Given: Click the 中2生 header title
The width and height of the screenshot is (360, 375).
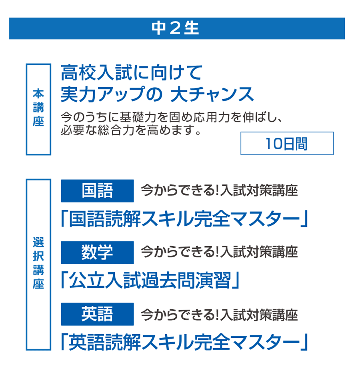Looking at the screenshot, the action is tap(175, 28).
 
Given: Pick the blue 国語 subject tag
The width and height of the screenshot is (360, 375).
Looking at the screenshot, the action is tap(97, 191).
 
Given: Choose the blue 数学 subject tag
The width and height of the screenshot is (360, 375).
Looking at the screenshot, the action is tap(97, 253).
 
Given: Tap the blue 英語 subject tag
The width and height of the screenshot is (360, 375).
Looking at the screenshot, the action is tap(97, 314).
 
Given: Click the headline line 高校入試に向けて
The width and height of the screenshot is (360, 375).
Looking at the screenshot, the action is tap(132, 72).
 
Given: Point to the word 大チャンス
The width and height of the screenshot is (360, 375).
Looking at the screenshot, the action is tap(212, 94).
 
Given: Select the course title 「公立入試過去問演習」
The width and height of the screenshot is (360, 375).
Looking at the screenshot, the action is tap(150, 280).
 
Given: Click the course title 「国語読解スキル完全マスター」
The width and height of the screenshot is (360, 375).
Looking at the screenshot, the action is tap(184, 219).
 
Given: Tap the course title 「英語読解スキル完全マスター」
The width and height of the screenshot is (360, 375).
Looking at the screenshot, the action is tap(184, 342).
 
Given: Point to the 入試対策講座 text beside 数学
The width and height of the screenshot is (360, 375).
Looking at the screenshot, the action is tap(259, 252).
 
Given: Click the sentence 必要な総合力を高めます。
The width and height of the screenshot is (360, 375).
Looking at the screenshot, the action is tap(131, 130).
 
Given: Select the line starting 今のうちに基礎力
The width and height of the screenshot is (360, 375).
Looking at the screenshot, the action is tap(172, 117).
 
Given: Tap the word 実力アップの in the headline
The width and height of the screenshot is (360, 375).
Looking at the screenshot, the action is tap(112, 94).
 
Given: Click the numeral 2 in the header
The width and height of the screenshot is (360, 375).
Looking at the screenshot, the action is tap(175, 28).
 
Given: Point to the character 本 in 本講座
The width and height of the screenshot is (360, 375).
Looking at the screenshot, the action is tap(38, 94).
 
